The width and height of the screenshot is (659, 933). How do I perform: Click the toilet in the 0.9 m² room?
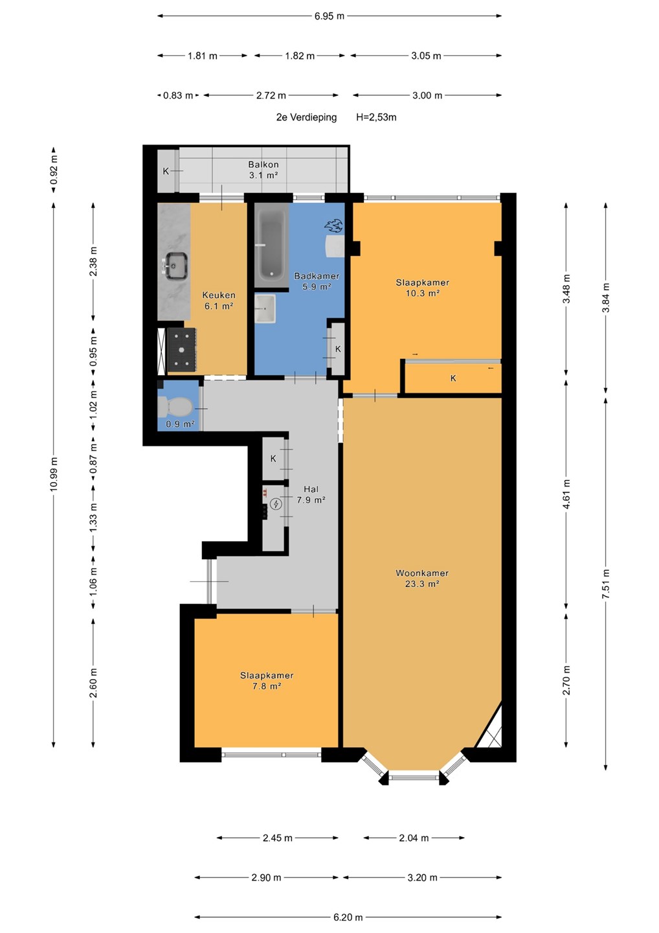point(175,406)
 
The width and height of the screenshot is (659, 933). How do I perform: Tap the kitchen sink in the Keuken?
point(175,266)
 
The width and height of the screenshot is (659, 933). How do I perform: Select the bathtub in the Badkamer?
point(271,246)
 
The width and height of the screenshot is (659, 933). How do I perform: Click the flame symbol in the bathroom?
point(333,226)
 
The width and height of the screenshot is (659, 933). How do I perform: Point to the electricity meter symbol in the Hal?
point(276,504)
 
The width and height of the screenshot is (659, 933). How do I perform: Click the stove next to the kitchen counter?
point(182,349)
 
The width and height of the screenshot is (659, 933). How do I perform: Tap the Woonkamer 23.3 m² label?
point(422,578)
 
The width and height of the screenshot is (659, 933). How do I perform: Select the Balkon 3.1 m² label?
point(263,170)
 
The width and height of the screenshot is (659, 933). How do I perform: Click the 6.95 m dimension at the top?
point(329,16)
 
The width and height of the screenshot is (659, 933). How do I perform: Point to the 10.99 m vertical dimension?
point(54,474)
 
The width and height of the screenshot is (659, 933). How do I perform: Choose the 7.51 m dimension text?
point(606,584)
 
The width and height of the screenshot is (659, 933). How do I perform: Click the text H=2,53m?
point(376,117)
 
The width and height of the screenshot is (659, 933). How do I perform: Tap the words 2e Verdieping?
point(307,117)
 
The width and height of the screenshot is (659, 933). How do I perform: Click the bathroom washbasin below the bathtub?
point(265,308)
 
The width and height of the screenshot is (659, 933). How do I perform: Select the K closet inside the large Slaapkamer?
point(453,378)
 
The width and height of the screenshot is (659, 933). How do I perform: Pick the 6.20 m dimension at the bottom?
point(348,917)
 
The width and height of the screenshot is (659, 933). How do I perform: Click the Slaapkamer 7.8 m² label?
point(267,680)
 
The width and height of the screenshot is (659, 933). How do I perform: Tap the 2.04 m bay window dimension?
point(414,838)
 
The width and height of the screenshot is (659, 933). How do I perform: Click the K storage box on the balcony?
point(166,171)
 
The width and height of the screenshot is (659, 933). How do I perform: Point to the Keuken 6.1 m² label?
point(219,301)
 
